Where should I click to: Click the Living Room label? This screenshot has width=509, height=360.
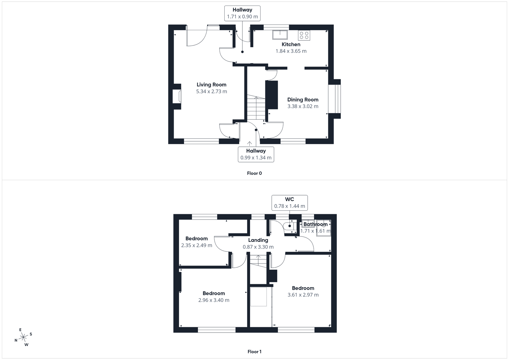211,85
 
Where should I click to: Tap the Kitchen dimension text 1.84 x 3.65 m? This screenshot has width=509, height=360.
291,51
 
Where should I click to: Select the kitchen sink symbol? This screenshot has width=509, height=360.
280,34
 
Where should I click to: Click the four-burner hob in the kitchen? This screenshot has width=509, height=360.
304,35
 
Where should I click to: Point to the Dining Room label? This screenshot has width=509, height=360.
303,100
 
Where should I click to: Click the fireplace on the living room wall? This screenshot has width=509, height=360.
177,96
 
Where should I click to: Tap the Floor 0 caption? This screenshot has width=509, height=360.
254,173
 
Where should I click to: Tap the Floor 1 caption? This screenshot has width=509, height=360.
254,351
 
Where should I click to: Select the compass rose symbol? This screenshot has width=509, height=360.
24,338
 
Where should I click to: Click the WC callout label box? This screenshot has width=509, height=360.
289,202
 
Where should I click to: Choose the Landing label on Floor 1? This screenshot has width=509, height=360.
258,240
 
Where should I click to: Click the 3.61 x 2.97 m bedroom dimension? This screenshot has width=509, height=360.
303,295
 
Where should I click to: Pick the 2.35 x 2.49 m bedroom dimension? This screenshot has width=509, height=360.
197,245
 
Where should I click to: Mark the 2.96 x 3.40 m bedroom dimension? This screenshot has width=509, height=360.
214,300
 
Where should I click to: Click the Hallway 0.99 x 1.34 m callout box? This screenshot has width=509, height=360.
256,154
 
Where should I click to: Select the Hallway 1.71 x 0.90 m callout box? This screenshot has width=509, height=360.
242,13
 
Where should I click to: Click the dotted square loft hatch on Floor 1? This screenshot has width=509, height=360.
258,297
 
